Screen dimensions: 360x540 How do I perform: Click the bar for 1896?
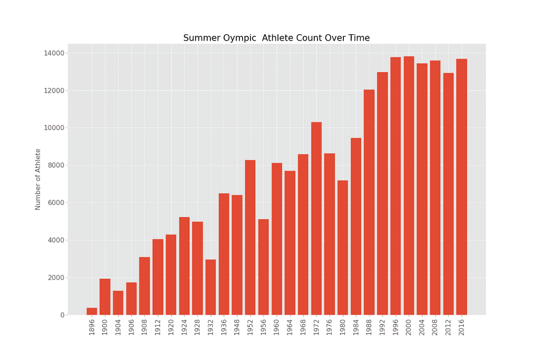click(92, 312)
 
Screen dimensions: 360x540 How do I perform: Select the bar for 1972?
click(316, 218)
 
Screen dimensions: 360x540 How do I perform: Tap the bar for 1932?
click(210, 287)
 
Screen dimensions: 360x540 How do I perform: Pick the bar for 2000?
click(409, 186)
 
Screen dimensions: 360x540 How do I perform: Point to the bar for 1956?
click(264, 267)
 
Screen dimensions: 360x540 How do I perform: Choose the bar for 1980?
click(343, 248)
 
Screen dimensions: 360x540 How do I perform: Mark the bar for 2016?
click(461, 187)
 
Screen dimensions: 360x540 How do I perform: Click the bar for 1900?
click(105, 297)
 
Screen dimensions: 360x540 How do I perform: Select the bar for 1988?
click(369, 202)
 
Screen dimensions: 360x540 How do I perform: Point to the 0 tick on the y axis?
click(62, 315)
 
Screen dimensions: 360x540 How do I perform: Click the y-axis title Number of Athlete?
click(38, 179)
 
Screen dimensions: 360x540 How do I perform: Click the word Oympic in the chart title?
click(235, 38)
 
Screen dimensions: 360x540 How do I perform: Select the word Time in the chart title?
click(359, 38)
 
